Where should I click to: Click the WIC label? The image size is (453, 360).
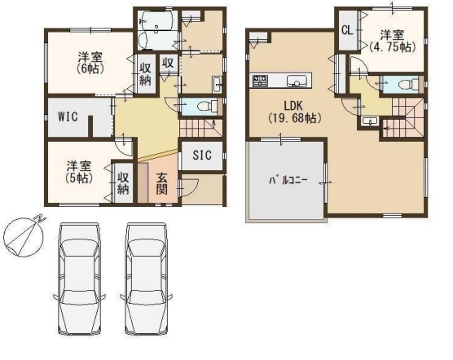(x=68, y=116)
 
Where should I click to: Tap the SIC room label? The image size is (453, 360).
(x=202, y=156)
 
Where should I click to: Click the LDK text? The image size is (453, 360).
(x=293, y=106)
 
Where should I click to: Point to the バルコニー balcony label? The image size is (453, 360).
(x=288, y=181)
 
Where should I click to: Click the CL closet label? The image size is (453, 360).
(x=347, y=30)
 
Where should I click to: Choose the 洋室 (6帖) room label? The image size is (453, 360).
(x=90, y=63)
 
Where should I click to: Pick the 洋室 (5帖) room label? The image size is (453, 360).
(x=79, y=172)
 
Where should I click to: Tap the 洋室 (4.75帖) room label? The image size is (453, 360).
(x=392, y=42)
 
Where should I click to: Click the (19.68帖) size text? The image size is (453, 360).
(x=294, y=118)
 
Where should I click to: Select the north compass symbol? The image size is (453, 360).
(x=23, y=235)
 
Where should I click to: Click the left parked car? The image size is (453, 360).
(x=79, y=279)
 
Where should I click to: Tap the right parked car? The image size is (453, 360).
(x=147, y=279)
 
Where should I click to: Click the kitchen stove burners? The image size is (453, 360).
(x=260, y=80)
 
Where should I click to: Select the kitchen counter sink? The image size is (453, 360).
(x=297, y=81)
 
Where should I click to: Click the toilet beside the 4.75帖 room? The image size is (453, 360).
(x=408, y=85)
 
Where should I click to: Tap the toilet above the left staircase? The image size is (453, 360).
(x=208, y=106)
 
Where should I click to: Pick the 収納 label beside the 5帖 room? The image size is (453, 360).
(x=123, y=183)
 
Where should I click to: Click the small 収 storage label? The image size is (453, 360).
(x=167, y=63)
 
